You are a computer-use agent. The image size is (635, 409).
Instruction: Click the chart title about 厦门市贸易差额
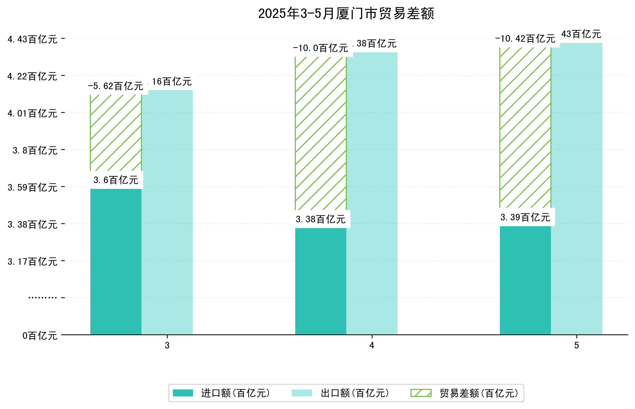coord(346,14)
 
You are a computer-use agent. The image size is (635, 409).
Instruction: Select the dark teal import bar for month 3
coord(116,261)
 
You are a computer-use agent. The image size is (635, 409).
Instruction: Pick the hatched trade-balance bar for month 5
coord(525,127)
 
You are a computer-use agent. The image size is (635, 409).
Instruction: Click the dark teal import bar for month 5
coord(525,280)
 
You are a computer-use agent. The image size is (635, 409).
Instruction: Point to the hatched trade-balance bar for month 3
coord(116,132)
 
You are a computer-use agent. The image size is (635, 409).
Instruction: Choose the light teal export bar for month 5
coord(576,188)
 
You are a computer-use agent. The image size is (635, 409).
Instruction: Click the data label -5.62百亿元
coord(116,86)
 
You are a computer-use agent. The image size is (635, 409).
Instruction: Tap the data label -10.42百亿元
coord(525,39)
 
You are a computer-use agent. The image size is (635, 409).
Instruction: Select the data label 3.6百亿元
coord(116,180)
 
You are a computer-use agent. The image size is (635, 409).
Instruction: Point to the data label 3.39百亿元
coord(525,217)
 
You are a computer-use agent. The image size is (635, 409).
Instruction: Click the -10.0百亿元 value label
coord(320,48)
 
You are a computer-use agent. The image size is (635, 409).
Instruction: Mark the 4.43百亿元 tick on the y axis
coord(32,39)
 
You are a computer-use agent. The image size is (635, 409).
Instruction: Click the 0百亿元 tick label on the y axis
coord(39,336)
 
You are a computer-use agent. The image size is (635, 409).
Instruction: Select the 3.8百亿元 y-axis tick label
coord(35,151)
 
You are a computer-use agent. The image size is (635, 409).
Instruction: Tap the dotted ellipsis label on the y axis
coord(42,298)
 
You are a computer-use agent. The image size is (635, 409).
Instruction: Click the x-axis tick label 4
coord(372,345)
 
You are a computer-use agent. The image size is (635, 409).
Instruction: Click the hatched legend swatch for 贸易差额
coord(421,393)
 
